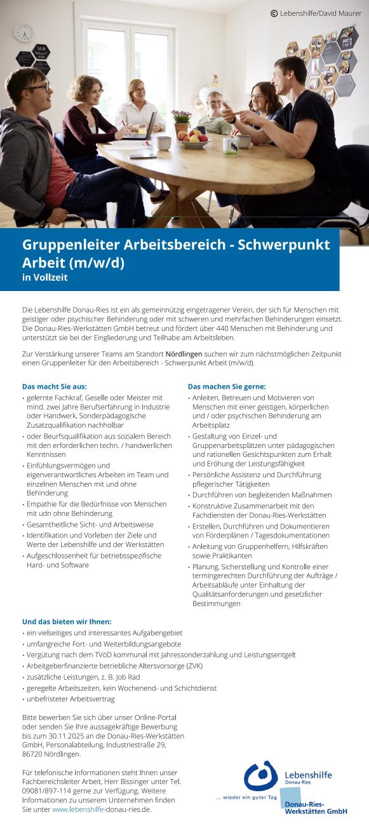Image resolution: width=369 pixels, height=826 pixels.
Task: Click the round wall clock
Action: click(24, 33)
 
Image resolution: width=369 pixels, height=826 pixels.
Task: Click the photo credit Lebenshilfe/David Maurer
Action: click(316, 13)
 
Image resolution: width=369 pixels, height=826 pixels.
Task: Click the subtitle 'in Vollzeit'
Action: click(44, 277)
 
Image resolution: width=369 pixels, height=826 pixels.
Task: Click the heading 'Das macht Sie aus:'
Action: click(54, 386)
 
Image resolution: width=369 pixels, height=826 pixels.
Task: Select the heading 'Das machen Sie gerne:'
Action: click(227, 386)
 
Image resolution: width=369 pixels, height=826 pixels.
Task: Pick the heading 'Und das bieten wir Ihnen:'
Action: click(67, 621)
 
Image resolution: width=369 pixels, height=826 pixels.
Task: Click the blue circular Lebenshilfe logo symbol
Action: click(261, 776)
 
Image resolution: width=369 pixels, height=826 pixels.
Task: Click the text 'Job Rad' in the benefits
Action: click(126, 676)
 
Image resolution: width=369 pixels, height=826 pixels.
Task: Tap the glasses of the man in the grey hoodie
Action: click(37, 87)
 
